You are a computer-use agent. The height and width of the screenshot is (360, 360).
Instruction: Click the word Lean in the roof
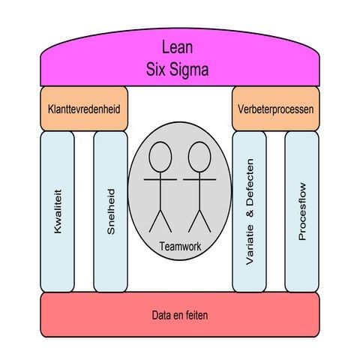point(177,46)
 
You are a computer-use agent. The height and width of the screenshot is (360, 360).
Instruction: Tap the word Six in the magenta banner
point(155,69)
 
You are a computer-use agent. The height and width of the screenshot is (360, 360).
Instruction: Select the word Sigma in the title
point(189,70)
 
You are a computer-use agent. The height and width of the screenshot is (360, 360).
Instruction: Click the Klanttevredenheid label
point(84,109)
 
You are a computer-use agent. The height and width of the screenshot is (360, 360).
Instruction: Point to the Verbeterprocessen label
point(275,109)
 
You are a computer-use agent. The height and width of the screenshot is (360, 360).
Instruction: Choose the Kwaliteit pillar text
point(58,211)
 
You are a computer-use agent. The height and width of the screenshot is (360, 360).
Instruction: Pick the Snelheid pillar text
point(111,211)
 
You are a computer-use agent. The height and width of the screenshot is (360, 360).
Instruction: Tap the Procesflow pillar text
point(302,211)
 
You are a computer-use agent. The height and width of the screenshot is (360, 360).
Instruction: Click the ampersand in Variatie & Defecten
point(250,213)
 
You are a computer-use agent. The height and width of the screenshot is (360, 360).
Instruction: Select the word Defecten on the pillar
point(250,182)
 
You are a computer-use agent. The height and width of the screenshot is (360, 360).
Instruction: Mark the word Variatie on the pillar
point(250,244)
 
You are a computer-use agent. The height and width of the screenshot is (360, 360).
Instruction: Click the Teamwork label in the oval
point(180,247)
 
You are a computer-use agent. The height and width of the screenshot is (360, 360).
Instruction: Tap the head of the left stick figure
point(160,157)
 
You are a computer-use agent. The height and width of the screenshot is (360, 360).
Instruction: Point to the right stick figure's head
point(199,157)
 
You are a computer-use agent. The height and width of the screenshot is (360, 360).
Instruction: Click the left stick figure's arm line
point(160,179)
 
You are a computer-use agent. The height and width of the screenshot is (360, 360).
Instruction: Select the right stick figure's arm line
point(199,179)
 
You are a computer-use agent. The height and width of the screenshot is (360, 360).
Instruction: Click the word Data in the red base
point(160,315)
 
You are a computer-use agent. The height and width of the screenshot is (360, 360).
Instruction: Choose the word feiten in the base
point(197,315)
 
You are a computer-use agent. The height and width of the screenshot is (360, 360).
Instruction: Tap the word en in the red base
point(177,316)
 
